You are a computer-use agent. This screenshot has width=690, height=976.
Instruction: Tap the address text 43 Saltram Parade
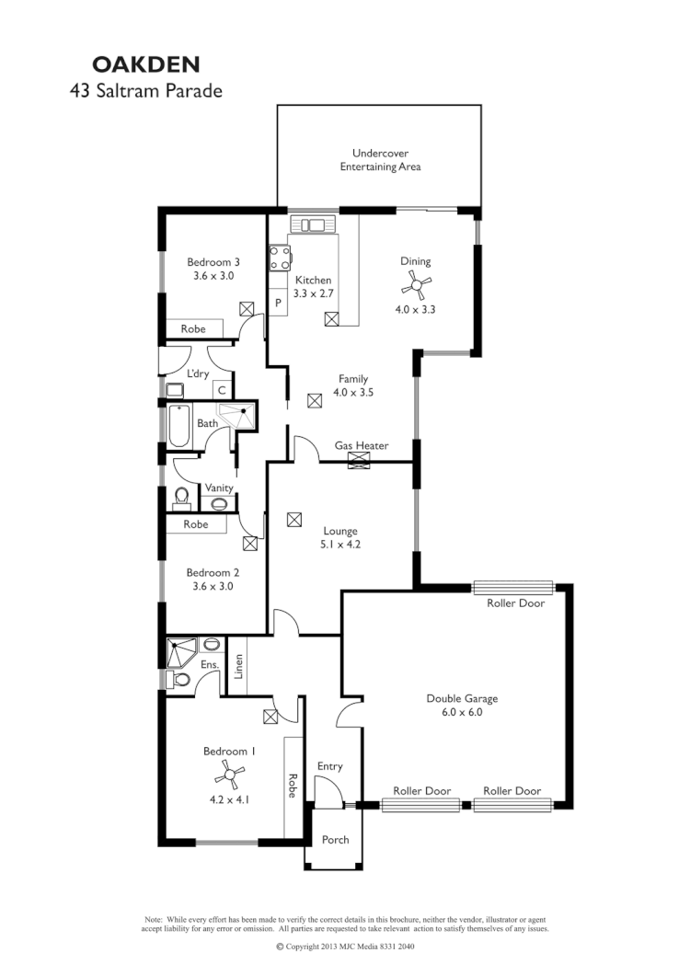tap(146, 91)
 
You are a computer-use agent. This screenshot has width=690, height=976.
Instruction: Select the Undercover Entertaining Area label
tap(380, 160)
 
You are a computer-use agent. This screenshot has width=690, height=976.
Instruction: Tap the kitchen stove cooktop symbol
tap(278, 259)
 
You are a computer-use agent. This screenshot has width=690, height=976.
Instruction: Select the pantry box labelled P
tap(277, 302)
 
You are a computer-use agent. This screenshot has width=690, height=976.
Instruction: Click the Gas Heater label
tap(361, 446)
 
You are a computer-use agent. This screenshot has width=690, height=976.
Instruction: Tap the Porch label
tap(335, 839)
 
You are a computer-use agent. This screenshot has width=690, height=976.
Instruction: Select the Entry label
tap(329, 765)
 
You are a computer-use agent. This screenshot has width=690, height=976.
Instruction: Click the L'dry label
tap(198, 373)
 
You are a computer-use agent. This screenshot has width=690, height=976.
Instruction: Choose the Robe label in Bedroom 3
tap(192, 328)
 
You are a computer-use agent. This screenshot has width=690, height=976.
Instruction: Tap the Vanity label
tap(218, 488)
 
